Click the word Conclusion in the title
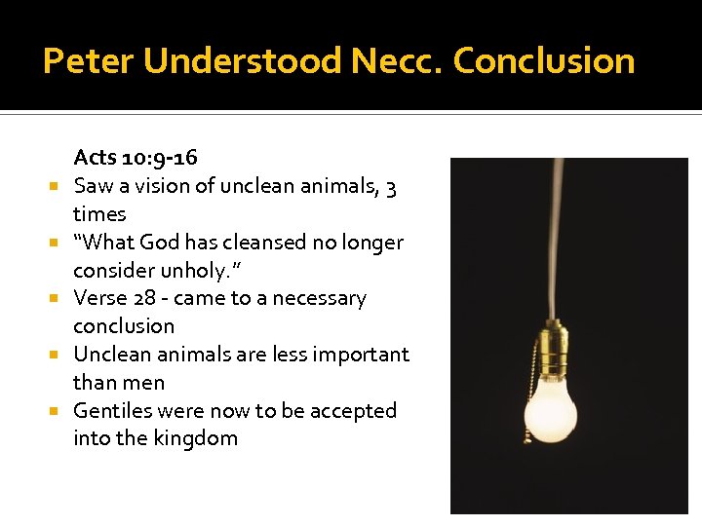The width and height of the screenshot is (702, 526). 544,61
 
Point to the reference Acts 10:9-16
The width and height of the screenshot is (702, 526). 136,157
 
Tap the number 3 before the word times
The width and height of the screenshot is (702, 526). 390,185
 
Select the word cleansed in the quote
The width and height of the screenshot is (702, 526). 266,242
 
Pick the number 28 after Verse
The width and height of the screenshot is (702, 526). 144,298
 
